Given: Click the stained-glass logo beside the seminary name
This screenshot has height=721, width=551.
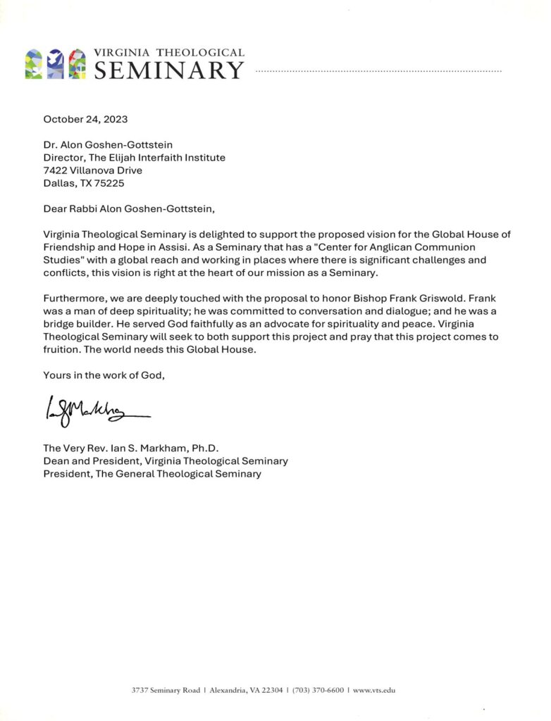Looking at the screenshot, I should click(55, 64).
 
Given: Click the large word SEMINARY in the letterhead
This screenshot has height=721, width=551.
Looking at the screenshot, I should click(169, 70).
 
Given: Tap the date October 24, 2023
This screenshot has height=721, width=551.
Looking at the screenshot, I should click(85, 119).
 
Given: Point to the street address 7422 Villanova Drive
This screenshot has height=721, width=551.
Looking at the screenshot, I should click(92, 170).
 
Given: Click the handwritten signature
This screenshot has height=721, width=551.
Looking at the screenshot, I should click(97, 409).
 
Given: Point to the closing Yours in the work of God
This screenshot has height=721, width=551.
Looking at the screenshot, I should click(104, 375).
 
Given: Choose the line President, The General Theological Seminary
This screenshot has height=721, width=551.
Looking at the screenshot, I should click(152, 474).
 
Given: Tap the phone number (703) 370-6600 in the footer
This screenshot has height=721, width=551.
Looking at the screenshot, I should click(318, 690).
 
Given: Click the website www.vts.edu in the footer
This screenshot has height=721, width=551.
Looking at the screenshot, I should click(374, 690).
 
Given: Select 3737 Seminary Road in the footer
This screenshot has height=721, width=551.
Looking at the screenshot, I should click(165, 690).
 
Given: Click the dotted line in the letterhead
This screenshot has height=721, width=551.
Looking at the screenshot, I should click(378, 71).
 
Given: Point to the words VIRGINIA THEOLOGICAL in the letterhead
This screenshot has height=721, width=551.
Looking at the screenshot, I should click(169, 53).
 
